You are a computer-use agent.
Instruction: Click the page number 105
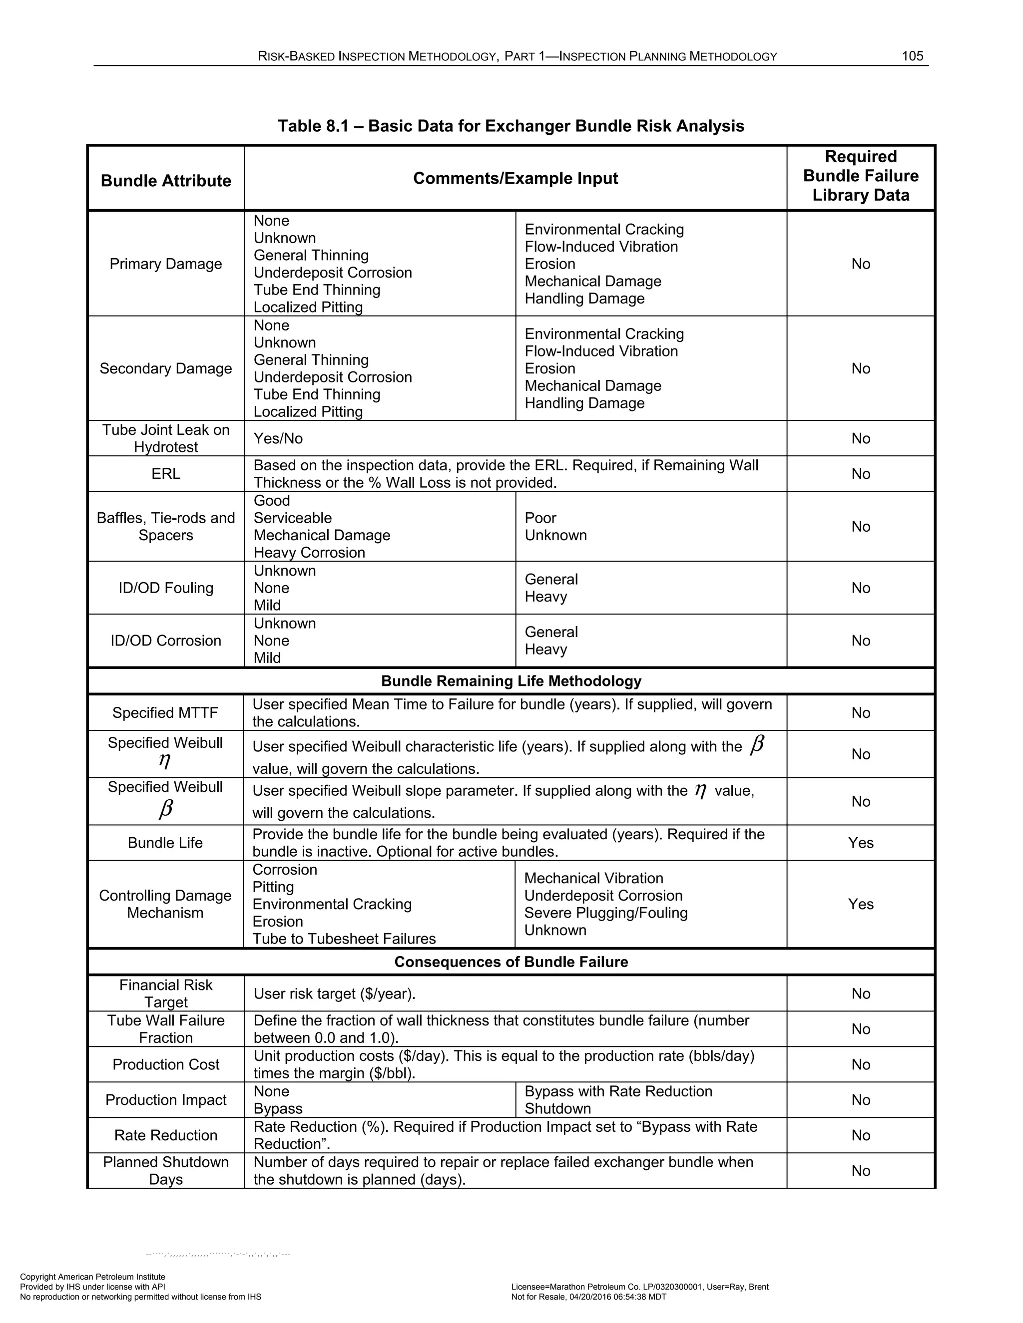pyautogui.click(x=912, y=56)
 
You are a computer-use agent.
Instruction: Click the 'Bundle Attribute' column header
pyautogui.click(x=165, y=181)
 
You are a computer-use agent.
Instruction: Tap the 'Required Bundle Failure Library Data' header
pyautogui.click(x=860, y=176)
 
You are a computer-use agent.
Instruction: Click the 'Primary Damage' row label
pyautogui.click(x=165, y=264)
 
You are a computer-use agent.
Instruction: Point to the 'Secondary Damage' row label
pyautogui.click(x=165, y=368)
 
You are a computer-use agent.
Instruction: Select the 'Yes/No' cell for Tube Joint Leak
pyautogui.click(x=278, y=438)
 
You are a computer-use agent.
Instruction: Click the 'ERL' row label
pyautogui.click(x=165, y=474)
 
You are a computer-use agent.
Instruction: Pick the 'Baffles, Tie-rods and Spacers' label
pyautogui.click(x=165, y=526)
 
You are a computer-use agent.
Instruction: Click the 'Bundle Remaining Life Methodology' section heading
pyautogui.click(x=511, y=681)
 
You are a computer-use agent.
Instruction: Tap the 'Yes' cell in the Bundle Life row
pyautogui.click(x=860, y=843)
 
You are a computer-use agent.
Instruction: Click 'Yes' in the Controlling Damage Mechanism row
pyautogui.click(x=860, y=904)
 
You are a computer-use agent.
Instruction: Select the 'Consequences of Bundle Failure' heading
pyautogui.click(x=511, y=962)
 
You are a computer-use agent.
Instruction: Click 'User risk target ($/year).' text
pyautogui.click(x=335, y=993)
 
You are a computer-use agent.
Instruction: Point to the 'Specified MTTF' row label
pyautogui.click(x=165, y=713)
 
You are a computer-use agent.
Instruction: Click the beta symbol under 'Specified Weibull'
pyautogui.click(x=165, y=809)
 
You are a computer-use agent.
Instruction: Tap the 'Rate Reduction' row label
pyautogui.click(x=165, y=1135)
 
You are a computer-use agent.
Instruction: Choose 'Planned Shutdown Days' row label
pyautogui.click(x=165, y=1170)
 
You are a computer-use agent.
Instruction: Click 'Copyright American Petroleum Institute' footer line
pyautogui.click(x=93, y=1277)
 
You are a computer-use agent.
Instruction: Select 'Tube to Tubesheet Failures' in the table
pyautogui.click(x=344, y=939)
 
